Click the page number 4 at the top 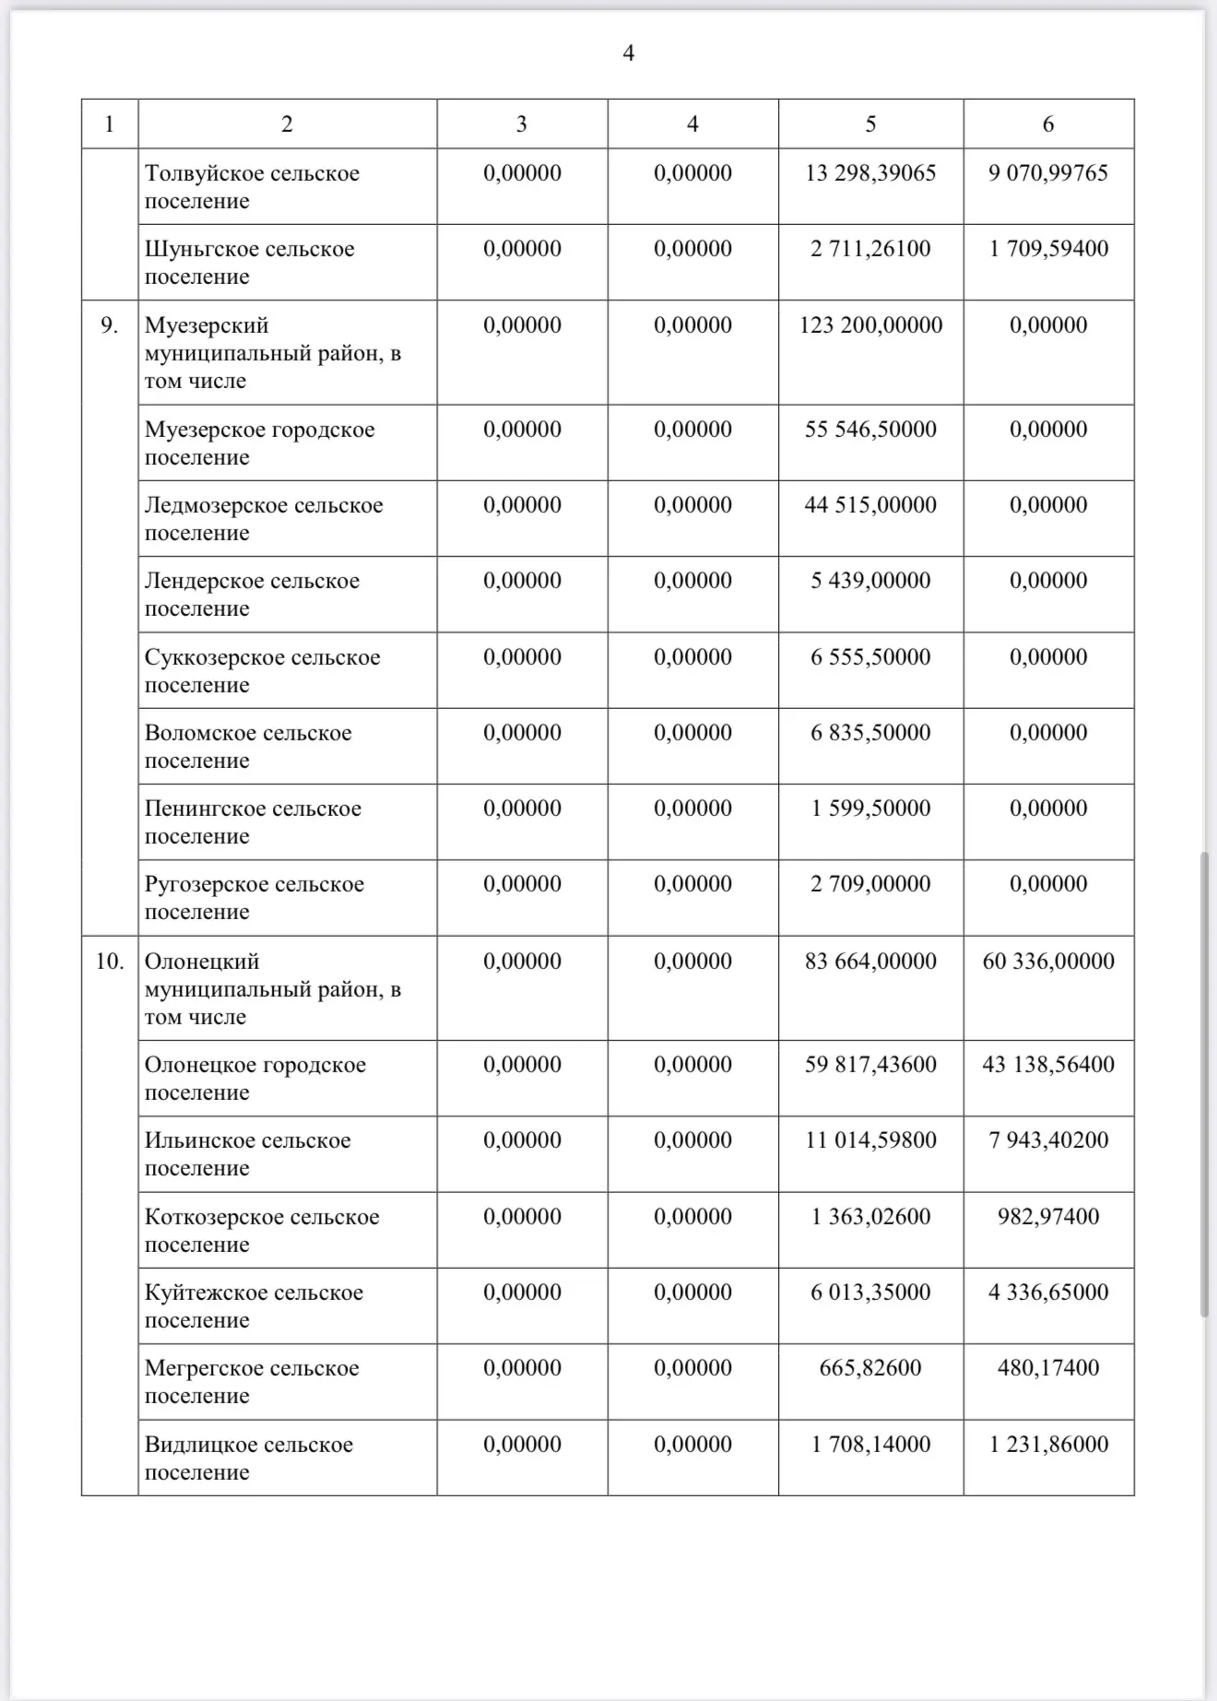[x=628, y=53]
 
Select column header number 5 [x=870, y=124]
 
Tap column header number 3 [x=522, y=124]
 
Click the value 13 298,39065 [x=870, y=173]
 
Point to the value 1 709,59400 [x=1048, y=249]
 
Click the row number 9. [x=109, y=325]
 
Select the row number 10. [x=109, y=962]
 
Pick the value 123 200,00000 [x=870, y=325]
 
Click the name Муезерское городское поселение [x=259, y=443]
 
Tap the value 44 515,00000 [x=870, y=505]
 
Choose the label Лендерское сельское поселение [x=252, y=595]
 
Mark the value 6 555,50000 [x=870, y=657]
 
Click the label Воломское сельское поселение [x=248, y=747]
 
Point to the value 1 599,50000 [x=870, y=809]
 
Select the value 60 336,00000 [x=1048, y=962]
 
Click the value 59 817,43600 [x=870, y=1065]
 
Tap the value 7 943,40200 [x=1048, y=1140]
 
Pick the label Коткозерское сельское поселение [x=262, y=1231]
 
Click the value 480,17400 [x=1048, y=1368]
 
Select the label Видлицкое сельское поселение [x=249, y=1459]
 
